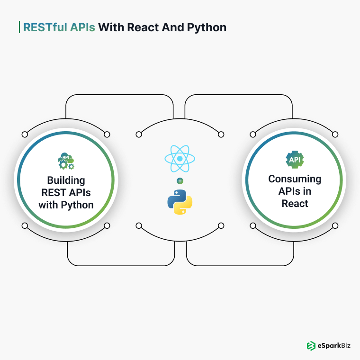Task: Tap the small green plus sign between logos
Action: [x=180, y=181]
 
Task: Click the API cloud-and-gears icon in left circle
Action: [x=65, y=162]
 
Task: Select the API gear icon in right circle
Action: [x=294, y=160]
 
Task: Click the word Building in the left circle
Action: [x=66, y=180]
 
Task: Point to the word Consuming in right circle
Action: [x=295, y=179]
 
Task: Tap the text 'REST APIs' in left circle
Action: [x=66, y=193]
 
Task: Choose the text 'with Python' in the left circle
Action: [x=66, y=205]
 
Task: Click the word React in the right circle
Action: [x=295, y=204]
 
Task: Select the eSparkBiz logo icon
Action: [x=311, y=346]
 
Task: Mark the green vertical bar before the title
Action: [x=19, y=27]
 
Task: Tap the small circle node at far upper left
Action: [x=25, y=135]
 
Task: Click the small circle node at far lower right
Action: [x=335, y=225]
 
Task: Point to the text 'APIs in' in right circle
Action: [x=295, y=191]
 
